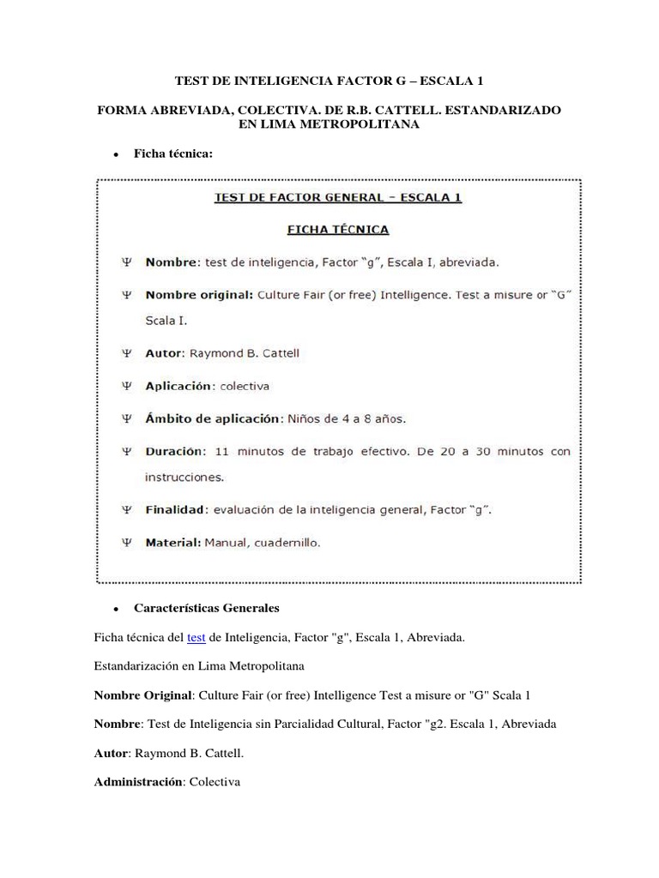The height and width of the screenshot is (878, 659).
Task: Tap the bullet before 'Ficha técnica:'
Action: (114, 154)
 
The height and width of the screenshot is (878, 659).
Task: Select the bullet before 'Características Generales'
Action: (114, 608)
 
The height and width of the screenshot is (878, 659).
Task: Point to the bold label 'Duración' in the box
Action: (175, 451)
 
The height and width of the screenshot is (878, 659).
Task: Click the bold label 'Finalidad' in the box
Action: (177, 510)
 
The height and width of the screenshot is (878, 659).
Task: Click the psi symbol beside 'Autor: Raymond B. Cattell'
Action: (127, 353)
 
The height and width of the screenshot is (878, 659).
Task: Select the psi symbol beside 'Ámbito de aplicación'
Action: (127, 419)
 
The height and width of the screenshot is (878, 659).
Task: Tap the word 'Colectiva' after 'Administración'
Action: (215, 784)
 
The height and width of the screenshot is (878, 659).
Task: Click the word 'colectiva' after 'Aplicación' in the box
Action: (244, 386)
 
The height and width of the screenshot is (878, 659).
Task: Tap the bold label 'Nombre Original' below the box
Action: (140, 695)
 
